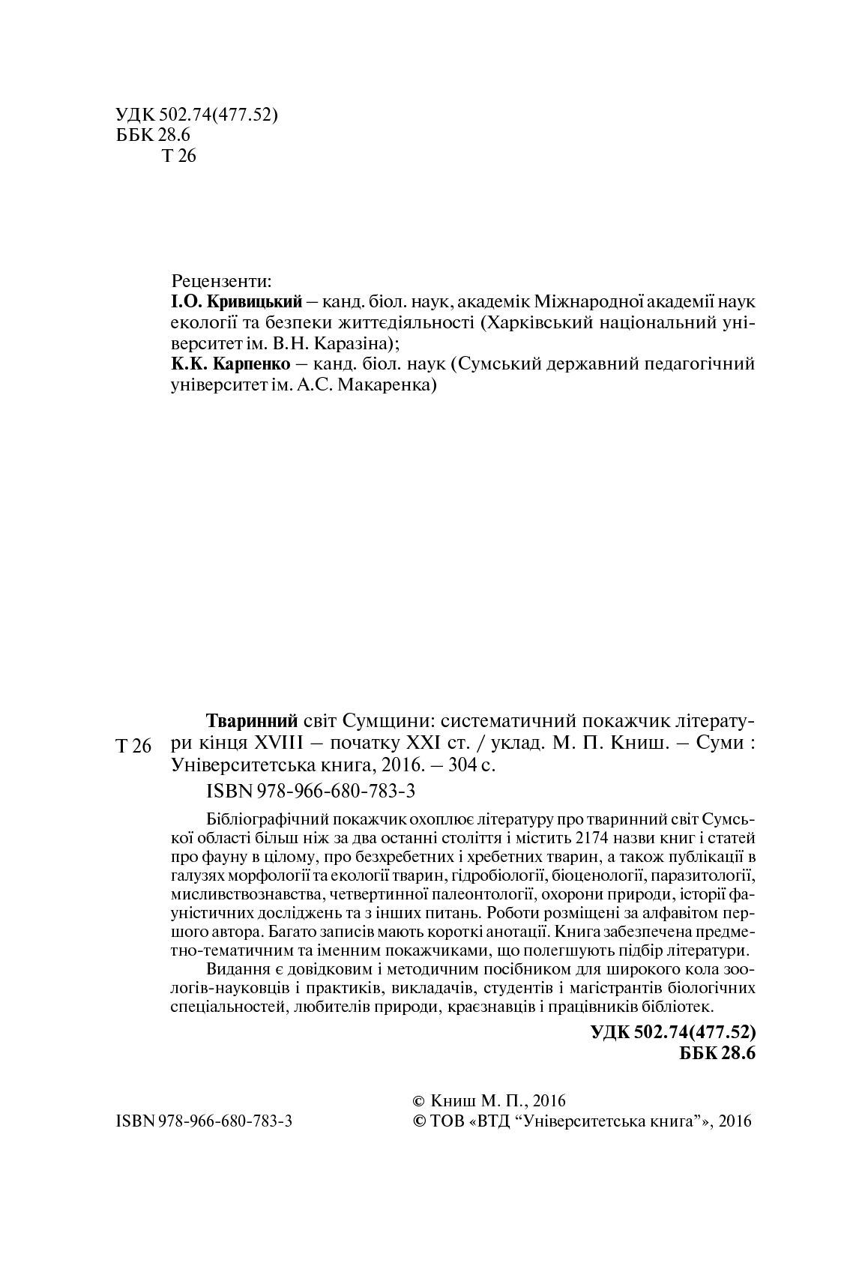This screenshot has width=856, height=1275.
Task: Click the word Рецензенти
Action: [221, 281]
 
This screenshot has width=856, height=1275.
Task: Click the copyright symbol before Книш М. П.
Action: [419, 1100]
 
